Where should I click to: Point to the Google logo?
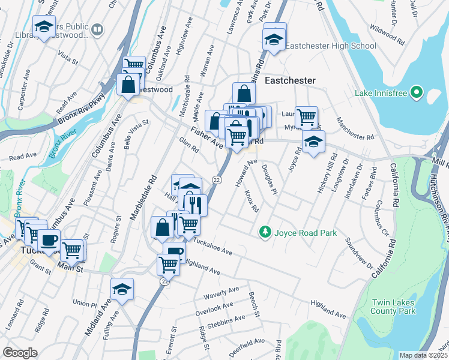pyautogui.click(x=20, y=353)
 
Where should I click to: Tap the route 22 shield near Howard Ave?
pyautogui.click(x=217, y=179)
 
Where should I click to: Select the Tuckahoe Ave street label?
pyautogui.click(x=211, y=248)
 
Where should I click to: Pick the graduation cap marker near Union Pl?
pyautogui.click(x=122, y=290)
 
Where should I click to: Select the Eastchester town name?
pyautogui.click(x=291, y=79)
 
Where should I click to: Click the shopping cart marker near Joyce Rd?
pyautogui.click(x=306, y=116)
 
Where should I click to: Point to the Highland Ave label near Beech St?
pyautogui.click(x=328, y=310)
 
